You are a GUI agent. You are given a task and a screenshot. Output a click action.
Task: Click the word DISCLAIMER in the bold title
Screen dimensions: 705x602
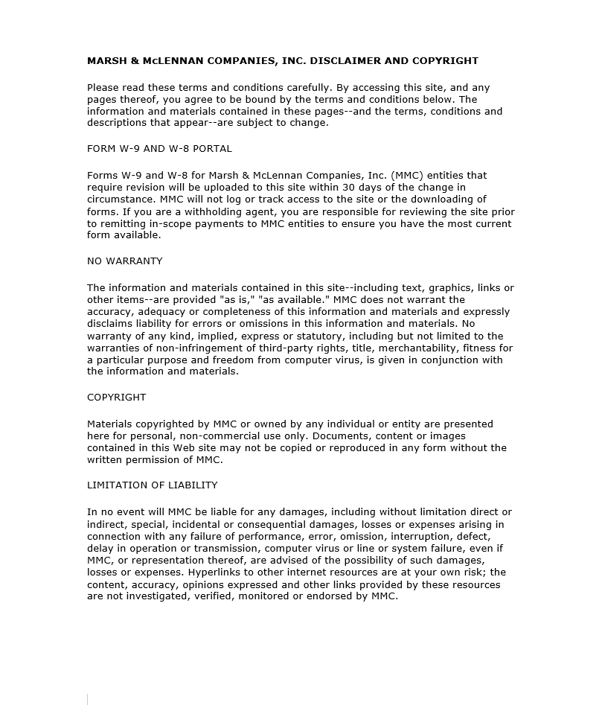pyautogui.click(x=344, y=61)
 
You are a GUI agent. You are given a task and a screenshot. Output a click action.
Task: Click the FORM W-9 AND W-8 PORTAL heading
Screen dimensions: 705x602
pyautogui.click(x=159, y=149)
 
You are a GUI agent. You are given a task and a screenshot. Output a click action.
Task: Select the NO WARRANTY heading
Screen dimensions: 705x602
pyautogui.click(x=124, y=261)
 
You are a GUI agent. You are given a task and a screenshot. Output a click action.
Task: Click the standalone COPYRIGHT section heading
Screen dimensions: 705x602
pyautogui.click(x=116, y=398)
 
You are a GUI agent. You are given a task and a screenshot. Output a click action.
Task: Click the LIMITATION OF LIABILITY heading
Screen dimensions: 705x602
pyautogui.click(x=152, y=485)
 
